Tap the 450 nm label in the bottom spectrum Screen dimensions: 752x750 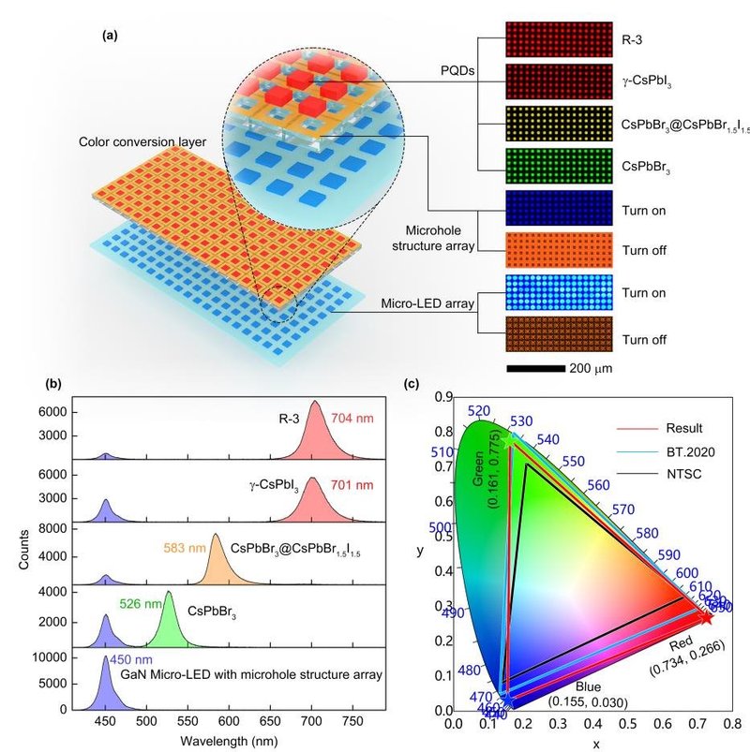tap(131, 658)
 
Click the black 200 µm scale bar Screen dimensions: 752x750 tap(534, 368)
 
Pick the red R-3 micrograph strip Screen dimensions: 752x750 tap(559, 41)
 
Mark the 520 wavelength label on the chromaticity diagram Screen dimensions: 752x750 tap(479, 411)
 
